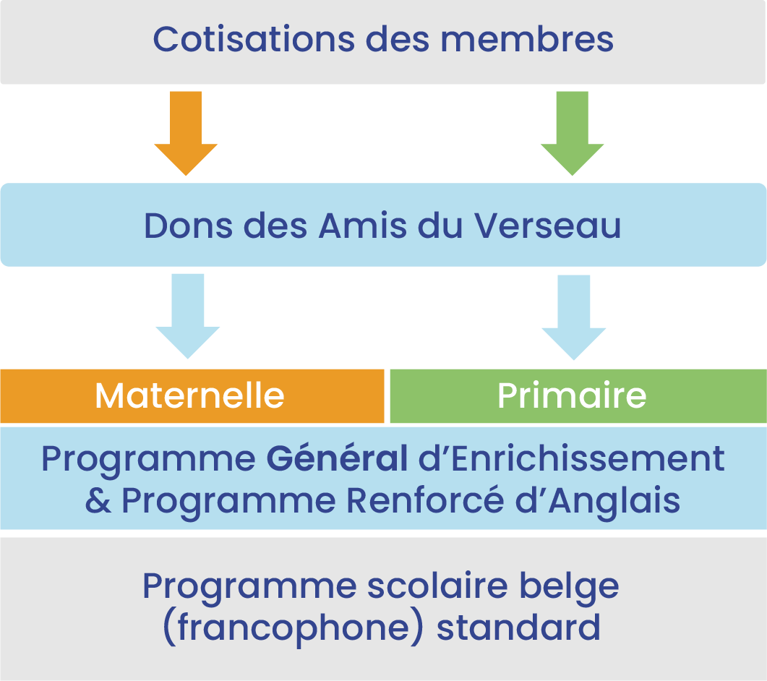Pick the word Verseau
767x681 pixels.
coord(547,226)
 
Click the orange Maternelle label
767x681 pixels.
coord(189,395)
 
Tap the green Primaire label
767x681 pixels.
coord(572,395)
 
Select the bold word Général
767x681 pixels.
coord(337,459)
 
